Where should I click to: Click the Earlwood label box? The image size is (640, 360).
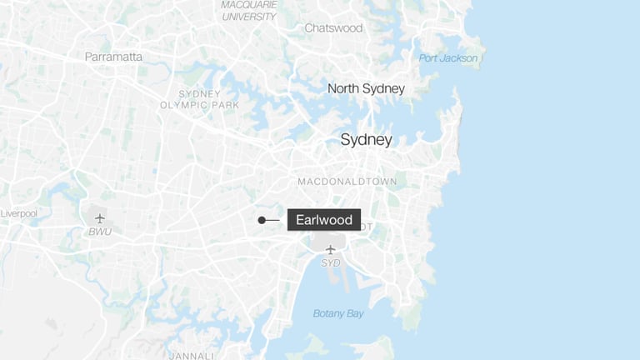[x=324, y=220]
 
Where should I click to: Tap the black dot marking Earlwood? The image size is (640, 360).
[x=262, y=220]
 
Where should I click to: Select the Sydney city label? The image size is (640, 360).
[x=366, y=140]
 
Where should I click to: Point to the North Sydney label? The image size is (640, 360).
[x=366, y=88]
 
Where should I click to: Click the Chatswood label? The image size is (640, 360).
[x=333, y=28]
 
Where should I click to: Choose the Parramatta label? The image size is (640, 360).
[x=113, y=57]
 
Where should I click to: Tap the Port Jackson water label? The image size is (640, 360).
[x=448, y=58]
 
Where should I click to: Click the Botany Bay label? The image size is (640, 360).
[x=338, y=314]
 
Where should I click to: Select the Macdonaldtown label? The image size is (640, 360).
[x=347, y=182]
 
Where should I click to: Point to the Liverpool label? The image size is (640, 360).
[x=18, y=213]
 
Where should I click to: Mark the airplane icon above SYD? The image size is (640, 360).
[x=331, y=249]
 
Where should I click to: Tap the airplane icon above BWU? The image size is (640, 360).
[x=100, y=218]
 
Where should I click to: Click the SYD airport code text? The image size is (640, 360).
[x=331, y=263]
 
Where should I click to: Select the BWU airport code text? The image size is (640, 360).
[x=100, y=232]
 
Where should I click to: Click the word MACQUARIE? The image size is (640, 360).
[x=248, y=5]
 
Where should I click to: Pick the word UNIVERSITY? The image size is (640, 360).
[x=248, y=17]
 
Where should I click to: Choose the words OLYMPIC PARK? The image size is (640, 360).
[x=199, y=105]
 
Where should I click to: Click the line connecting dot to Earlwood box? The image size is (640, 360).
[x=273, y=220]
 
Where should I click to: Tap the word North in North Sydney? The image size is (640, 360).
[x=342, y=88]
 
